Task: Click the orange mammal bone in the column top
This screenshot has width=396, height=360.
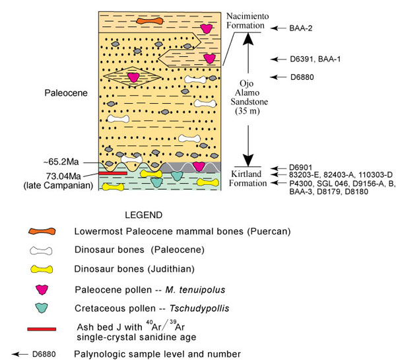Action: point(148,21)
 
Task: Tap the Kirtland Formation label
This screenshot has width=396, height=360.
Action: point(246,178)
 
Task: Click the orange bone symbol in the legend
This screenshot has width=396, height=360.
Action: point(42,232)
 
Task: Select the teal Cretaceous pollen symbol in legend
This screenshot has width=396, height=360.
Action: point(42,306)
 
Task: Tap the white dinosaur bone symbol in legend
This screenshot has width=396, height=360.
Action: point(42,250)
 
